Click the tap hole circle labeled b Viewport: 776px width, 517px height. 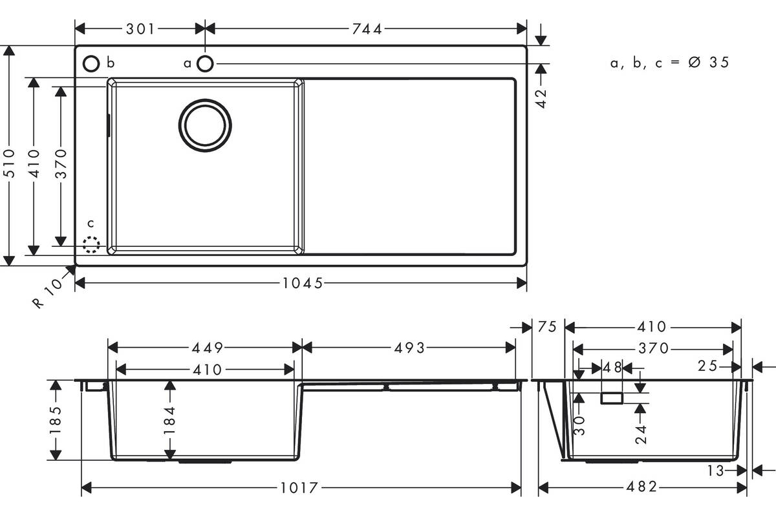(x=91, y=64)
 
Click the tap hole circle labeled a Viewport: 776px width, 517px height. (x=205, y=64)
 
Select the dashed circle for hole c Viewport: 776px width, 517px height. (x=91, y=244)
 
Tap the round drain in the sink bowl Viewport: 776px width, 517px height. (x=205, y=125)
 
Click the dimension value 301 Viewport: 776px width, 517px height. (x=140, y=29)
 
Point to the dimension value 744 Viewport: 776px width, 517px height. (x=367, y=29)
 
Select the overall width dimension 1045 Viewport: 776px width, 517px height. (x=303, y=283)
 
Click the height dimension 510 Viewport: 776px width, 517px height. (x=9, y=164)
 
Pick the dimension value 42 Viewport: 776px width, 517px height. (x=541, y=98)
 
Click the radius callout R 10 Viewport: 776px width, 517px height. (x=48, y=293)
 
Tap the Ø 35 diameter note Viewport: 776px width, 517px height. (x=709, y=62)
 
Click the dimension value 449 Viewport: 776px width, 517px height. (x=208, y=348)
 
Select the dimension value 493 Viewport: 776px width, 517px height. (x=409, y=348)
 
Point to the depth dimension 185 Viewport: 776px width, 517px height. (x=56, y=419)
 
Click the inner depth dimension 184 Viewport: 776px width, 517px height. (x=169, y=421)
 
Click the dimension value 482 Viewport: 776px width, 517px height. (x=641, y=487)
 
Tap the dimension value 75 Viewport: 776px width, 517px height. (x=547, y=326)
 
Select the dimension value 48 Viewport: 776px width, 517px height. (x=612, y=368)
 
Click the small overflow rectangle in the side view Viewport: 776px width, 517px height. (x=612, y=398)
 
